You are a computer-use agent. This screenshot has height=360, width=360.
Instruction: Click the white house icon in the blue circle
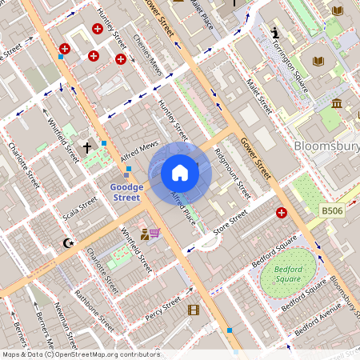tap(180, 173)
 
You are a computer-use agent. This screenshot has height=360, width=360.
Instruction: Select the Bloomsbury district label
tap(326, 146)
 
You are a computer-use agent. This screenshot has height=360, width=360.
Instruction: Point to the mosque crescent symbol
tap(67, 242)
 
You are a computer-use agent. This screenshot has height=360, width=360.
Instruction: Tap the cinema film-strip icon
tap(193, 310)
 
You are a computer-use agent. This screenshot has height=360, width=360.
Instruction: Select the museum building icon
tap(337, 104)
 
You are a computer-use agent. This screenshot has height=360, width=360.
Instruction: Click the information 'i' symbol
tap(275, 34)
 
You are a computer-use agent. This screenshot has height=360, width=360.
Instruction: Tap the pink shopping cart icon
tap(154, 233)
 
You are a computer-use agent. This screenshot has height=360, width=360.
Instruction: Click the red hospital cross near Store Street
tap(282, 213)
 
